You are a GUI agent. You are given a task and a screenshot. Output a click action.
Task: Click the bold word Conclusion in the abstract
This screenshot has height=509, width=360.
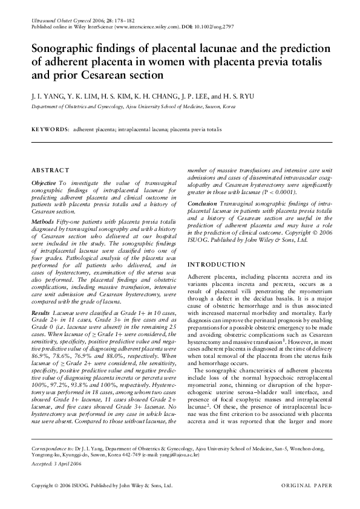[x=201, y=204]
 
